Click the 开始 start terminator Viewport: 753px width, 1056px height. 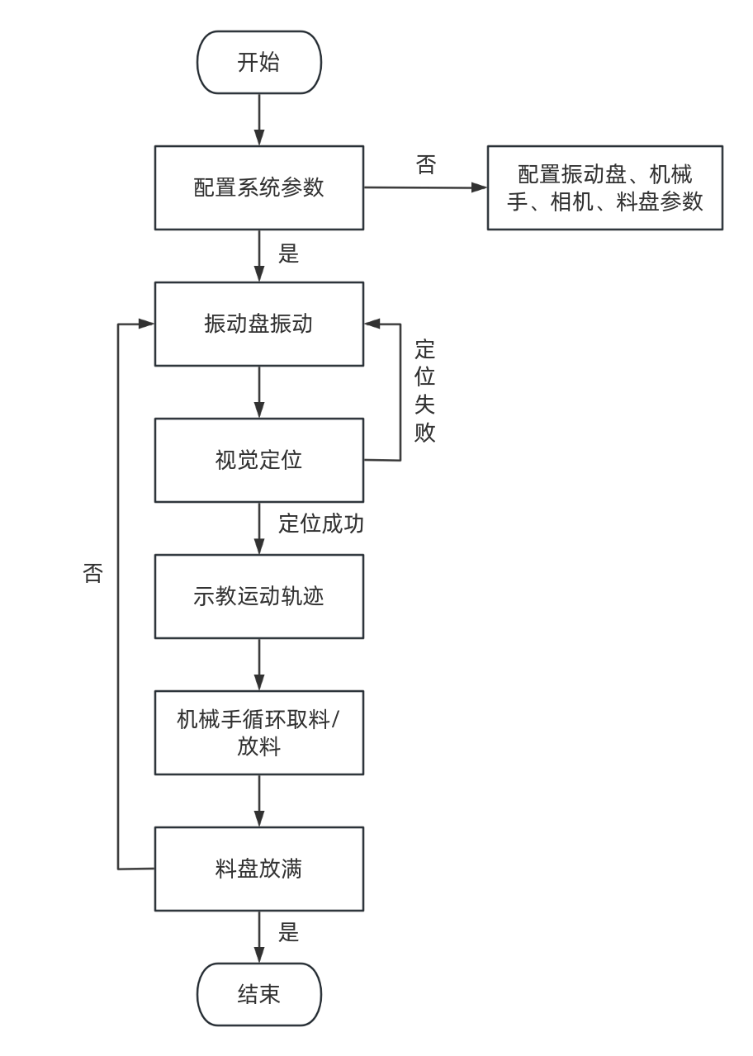[258, 63]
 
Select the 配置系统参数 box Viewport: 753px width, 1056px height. [258, 187]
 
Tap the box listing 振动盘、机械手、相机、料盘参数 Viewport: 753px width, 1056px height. [604, 187]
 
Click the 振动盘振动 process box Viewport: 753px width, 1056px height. [258, 324]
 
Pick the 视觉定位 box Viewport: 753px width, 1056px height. [258, 460]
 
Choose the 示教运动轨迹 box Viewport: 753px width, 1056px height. [258, 596]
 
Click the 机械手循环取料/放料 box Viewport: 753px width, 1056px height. [258, 732]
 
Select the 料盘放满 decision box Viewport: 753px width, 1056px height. [258, 869]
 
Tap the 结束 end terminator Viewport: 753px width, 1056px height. [258, 994]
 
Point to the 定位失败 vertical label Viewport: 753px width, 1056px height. [424, 391]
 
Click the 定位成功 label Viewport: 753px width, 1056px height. [321, 524]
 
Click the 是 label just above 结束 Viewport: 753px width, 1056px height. [288, 933]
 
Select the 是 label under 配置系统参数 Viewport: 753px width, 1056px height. [288, 254]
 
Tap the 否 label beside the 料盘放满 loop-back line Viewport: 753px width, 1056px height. [92, 573]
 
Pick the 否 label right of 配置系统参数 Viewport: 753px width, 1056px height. [425, 164]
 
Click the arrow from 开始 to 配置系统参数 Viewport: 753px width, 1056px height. [259, 120]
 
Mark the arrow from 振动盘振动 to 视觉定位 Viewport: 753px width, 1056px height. [259, 391]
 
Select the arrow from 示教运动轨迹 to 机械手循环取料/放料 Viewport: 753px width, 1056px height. [259, 664]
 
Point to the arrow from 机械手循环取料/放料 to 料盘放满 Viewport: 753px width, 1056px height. [259, 800]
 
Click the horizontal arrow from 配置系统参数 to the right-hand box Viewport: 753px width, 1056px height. [425, 187]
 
